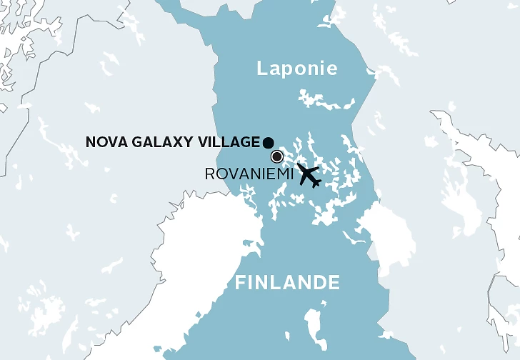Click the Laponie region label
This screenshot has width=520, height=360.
(x=296, y=69)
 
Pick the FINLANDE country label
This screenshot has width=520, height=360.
(x=287, y=283)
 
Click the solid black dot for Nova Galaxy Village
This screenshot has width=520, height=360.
(x=268, y=141)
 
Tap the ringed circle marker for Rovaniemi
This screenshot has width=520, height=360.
(x=276, y=157)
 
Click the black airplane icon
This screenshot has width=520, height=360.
(x=309, y=175)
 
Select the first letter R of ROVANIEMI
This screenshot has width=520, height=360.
(x=210, y=174)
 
